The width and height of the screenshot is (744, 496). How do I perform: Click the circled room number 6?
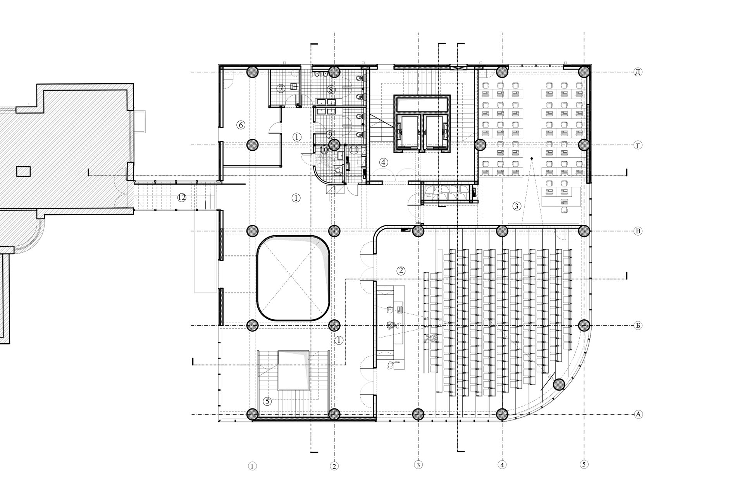click(241, 125)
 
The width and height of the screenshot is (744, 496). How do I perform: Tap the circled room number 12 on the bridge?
click(181, 198)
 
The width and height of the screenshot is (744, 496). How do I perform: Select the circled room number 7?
click(281, 88)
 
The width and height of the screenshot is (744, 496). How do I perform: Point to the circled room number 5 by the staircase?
click(267, 401)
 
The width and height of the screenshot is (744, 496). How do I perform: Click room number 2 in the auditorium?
click(401, 270)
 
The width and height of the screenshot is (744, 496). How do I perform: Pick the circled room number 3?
click(517, 206)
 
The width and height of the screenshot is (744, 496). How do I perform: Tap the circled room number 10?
click(324, 150)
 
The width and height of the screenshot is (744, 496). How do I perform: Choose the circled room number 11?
click(353, 150)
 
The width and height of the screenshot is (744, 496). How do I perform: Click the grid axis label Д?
click(637, 72)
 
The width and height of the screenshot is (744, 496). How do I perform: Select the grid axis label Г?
click(637, 145)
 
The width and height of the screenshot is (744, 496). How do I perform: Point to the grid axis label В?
click(637, 231)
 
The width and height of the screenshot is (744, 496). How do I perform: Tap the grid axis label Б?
click(637, 325)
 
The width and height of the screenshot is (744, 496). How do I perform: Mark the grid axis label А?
click(637, 414)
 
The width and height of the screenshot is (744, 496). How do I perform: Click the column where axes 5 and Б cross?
click(584, 325)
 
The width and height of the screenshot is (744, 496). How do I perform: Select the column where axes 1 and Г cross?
click(252, 145)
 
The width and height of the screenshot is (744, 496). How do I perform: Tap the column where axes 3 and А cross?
click(418, 414)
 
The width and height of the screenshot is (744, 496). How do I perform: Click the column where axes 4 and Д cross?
click(502, 72)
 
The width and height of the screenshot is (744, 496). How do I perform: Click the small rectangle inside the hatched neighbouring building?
click(23, 171)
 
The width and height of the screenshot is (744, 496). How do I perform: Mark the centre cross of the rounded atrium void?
click(293, 278)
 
